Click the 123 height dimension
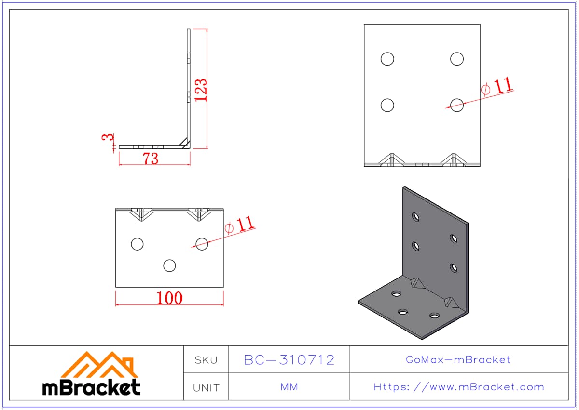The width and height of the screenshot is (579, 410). pyautogui.click(x=201, y=90)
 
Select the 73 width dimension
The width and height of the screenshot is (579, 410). pyautogui.click(x=151, y=159)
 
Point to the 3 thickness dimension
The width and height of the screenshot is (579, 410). pyautogui.click(x=108, y=137)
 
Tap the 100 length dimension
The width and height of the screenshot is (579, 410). pyautogui.click(x=169, y=298)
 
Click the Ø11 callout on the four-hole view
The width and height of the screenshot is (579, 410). pyautogui.click(x=497, y=86)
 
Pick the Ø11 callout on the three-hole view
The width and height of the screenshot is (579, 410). pyautogui.click(x=239, y=225)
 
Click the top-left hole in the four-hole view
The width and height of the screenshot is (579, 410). pyautogui.click(x=387, y=59)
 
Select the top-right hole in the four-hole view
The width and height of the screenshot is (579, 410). pyautogui.click(x=457, y=59)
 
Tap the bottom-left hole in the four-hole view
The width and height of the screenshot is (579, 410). pyautogui.click(x=387, y=106)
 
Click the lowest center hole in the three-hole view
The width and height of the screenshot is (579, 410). pyautogui.click(x=169, y=266)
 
